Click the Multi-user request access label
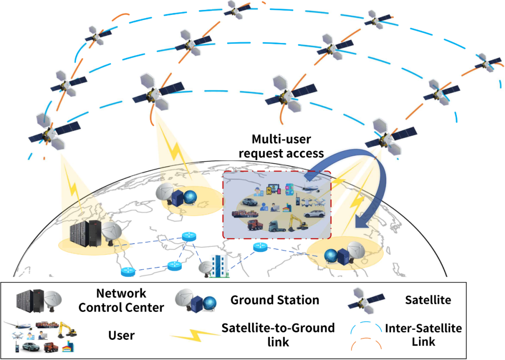click(x=288, y=146)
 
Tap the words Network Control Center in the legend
click(x=121, y=301)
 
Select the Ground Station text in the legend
click(x=274, y=300)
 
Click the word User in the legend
click(x=121, y=335)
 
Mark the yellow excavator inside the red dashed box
click(x=297, y=223)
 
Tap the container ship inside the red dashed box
click(x=244, y=216)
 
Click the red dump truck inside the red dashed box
click(x=257, y=226)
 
